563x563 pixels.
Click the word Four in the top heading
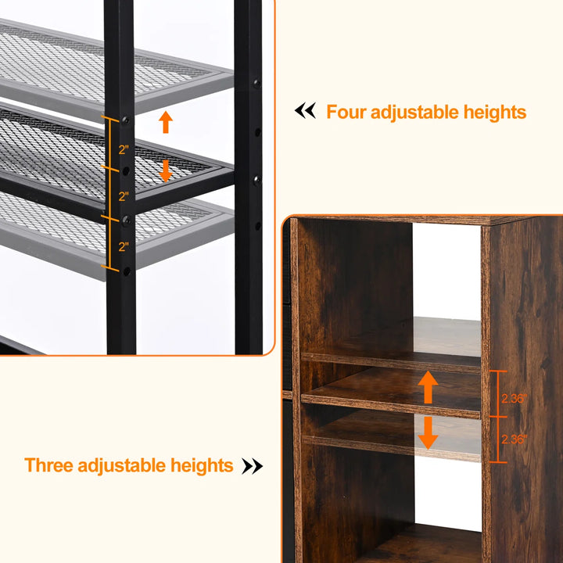[346, 112]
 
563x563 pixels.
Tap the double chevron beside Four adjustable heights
[305, 111]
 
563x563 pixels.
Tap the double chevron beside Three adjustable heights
[252, 466]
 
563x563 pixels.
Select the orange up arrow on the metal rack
[165, 122]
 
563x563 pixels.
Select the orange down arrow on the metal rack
[165, 170]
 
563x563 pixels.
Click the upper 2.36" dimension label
[514, 397]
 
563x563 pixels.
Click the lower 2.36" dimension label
[514, 440]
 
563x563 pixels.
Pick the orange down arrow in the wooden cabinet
[427, 432]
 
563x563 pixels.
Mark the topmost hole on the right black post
[256, 81]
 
